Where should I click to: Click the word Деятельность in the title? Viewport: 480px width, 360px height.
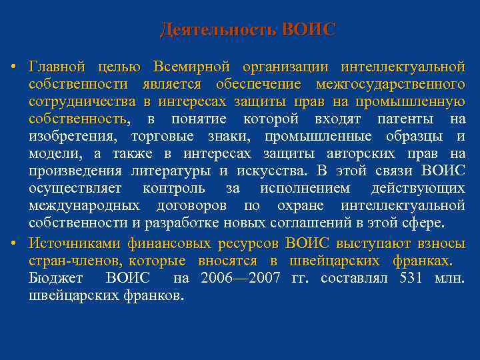[219, 30]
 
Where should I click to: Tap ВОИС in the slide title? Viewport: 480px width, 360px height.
[309, 30]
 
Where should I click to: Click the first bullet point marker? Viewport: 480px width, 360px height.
[13, 68]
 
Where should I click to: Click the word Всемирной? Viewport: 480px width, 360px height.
[191, 67]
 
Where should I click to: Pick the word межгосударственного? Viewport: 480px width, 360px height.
[390, 85]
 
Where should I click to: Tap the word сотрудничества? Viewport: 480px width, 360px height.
[83, 102]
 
